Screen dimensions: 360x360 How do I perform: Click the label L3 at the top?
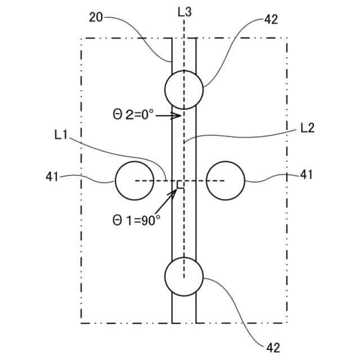[x=184, y=11]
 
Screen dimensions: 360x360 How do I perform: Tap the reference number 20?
[x=96, y=17]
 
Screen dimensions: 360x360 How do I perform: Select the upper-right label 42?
[x=271, y=20]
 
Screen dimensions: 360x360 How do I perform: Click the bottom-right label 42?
[x=272, y=347]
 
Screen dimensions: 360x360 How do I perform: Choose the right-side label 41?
[x=306, y=175]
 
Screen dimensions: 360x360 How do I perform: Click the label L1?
[x=62, y=134]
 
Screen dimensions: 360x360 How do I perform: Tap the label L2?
[x=307, y=128]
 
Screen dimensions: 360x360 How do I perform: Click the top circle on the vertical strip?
[x=184, y=89]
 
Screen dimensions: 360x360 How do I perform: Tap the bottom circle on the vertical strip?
[x=184, y=276]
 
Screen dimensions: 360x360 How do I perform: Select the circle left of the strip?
[x=134, y=181]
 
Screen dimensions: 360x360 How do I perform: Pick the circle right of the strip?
[x=226, y=181]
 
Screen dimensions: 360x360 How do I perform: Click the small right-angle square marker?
[x=181, y=184]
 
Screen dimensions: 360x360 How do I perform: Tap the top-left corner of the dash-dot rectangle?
[x=81, y=39]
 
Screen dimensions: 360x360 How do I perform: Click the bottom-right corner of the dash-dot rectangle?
[x=287, y=322]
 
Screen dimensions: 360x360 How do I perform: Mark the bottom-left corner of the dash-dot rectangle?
[x=81, y=322]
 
